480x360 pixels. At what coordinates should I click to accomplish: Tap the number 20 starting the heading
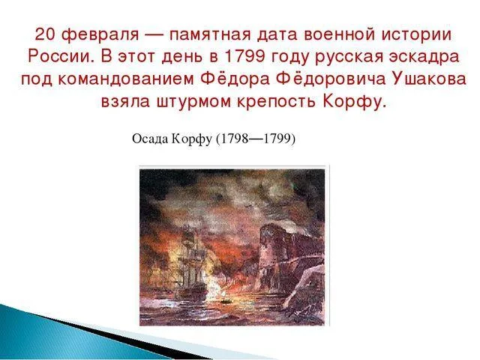(45, 34)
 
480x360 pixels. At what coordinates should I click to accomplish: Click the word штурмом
(205, 102)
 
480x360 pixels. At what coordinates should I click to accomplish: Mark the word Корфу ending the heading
(359, 102)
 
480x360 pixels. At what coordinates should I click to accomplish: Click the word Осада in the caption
(147, 139)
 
